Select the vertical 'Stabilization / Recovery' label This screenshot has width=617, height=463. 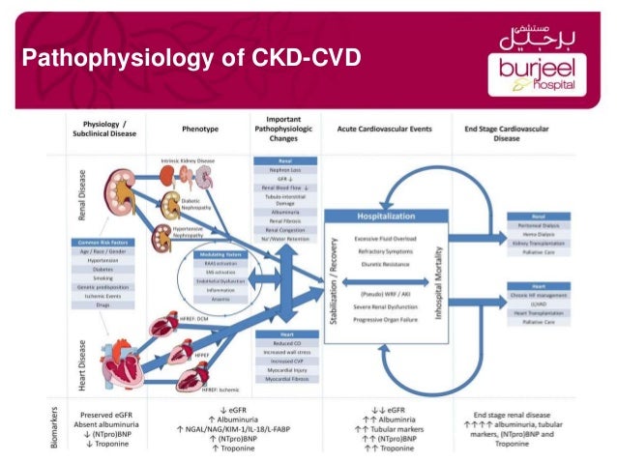pos(335,290)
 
